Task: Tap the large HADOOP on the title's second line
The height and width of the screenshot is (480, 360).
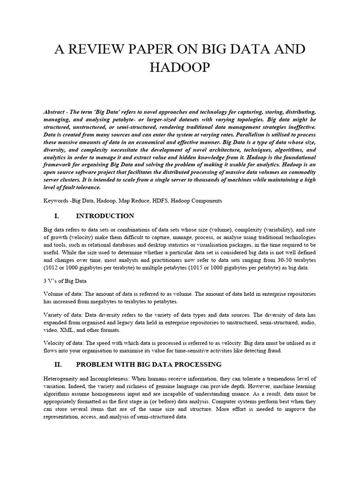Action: point(180,68)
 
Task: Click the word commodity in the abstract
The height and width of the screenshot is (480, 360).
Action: point(299,172)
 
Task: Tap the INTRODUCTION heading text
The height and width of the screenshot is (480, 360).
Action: point(105,216)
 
